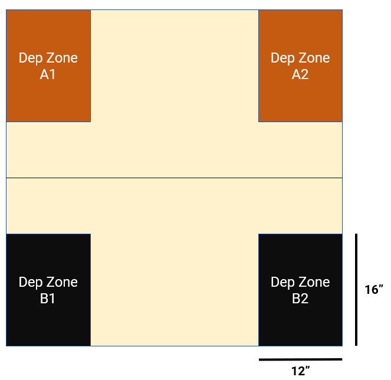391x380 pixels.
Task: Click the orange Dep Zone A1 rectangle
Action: tap(48, 94)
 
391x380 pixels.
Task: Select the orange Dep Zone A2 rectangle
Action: tap(300, 94)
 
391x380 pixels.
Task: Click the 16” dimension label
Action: tap(374, 290)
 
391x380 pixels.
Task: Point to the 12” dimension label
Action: tap(301, 371)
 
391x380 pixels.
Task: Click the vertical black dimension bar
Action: tap(356, 290)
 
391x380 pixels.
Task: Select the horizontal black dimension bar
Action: tap(300, 359)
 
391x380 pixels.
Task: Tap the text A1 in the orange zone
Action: tap(48, 74)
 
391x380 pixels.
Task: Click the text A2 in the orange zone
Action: tap(300, 74)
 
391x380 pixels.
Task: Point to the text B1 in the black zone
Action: tap(48, 299)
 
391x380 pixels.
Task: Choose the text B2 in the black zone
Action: tap(300, 299)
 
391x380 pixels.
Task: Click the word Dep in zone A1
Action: tap(31, 58)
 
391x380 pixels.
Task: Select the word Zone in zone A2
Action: tap(314, 58)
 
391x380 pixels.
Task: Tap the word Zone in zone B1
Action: tap(62, 282)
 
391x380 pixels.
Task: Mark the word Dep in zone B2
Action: tap(283, 282)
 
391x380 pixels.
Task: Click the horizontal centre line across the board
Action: tap(174, 178)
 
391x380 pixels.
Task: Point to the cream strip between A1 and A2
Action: tap(175, 65)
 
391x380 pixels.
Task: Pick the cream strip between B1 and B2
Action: tap(175, 289)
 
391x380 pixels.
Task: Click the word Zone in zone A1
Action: tap(62, 58)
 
